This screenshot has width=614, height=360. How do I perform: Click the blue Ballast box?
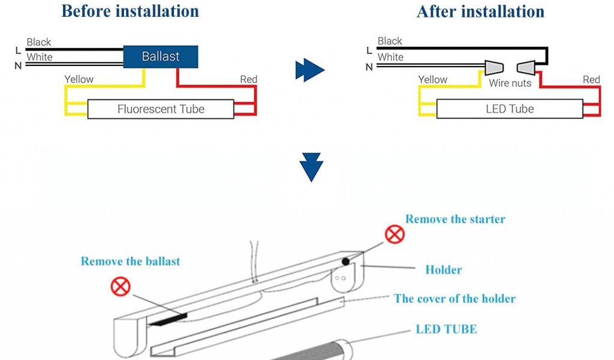click(161, 57)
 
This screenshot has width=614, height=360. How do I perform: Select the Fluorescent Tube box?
click(161, 109)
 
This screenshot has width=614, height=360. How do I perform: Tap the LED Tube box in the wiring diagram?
click(509, 109)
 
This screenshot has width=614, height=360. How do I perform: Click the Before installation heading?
click(130, 11)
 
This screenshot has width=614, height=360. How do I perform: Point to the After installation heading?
click(480, 11)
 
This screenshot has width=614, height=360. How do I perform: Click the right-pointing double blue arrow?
click(309, 70)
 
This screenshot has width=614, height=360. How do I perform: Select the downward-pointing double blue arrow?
click(311, 167)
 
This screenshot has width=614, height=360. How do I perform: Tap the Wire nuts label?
click(510, 83)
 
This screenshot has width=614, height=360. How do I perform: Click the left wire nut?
click(493, 67)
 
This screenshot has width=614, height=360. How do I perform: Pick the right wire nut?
click(526, 67)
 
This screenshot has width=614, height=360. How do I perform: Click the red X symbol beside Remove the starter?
click(395, 233)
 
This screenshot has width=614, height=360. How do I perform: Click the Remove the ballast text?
click(130, 261)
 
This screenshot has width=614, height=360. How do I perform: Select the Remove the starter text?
click(455, 219)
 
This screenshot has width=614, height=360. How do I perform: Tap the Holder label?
click(444, 270)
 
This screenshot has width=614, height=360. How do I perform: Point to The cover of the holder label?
click(455, 298)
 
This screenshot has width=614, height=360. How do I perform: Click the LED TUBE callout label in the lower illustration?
click(447, 329)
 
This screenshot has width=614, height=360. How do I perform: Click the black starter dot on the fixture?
click(346, 262)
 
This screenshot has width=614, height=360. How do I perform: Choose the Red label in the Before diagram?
click(248, 79)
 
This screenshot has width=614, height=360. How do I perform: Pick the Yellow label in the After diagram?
click(432, 79)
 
